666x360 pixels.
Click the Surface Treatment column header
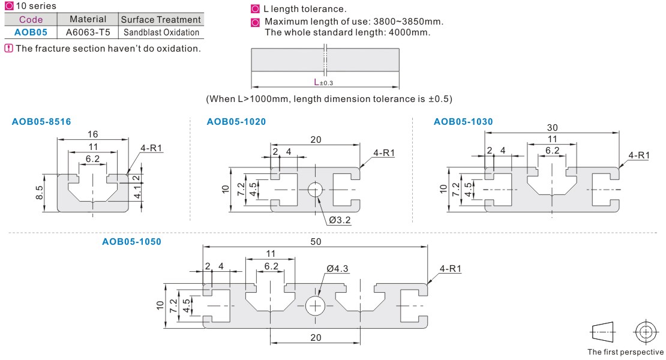(161, 20)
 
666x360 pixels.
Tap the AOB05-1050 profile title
(131, 242)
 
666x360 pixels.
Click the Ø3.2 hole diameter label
(340, 220)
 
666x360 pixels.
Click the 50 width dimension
(316, 241)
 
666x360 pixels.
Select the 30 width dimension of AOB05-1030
(552, 128)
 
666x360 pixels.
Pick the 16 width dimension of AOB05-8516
(92, 134)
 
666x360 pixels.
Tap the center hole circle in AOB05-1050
(315, 305)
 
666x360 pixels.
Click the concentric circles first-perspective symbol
(645, 332)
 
